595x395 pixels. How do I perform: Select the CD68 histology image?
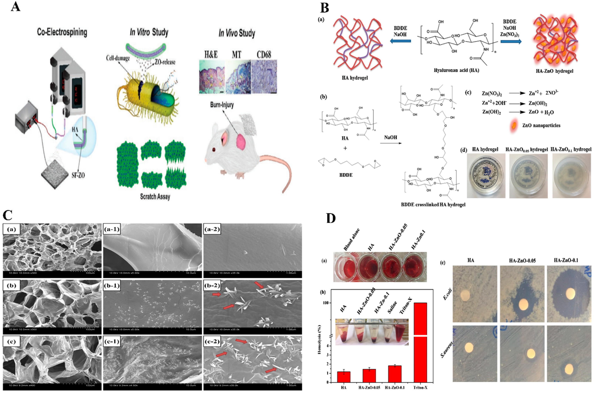click(x=264, y=77)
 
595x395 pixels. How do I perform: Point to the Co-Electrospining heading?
click(x=62, y=32)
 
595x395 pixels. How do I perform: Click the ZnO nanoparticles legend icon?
click(x=515, y=125)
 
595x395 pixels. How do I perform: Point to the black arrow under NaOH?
click(x=390, y=143)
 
